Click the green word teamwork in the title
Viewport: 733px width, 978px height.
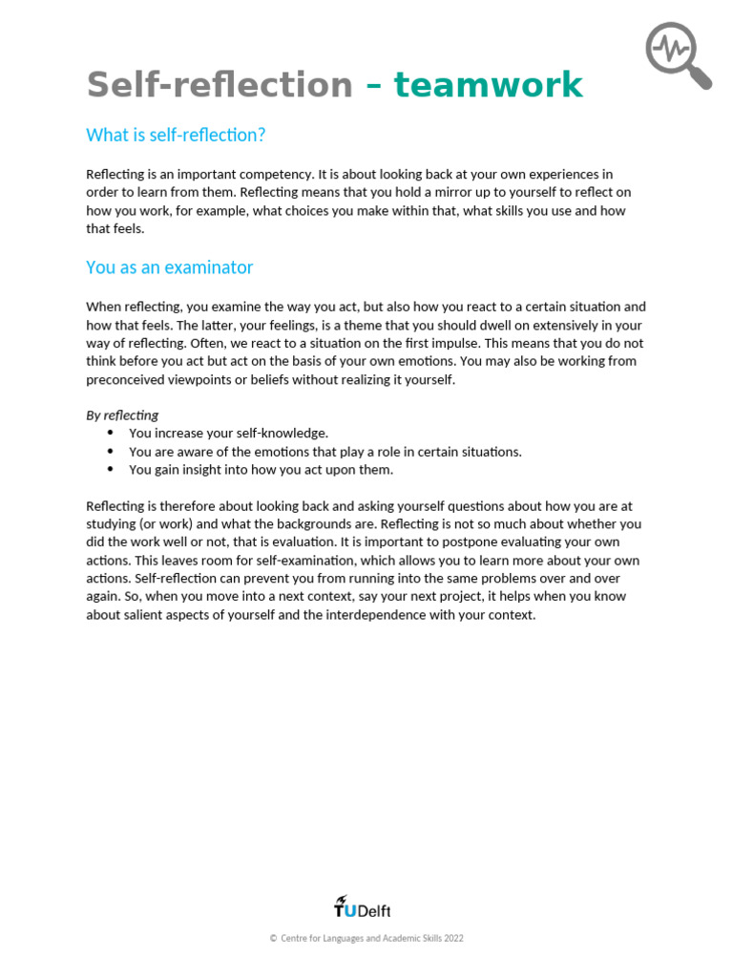488,85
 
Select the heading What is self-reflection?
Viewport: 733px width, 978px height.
176,136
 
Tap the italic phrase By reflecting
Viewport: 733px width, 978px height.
122,415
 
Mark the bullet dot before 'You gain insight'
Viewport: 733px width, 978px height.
110,470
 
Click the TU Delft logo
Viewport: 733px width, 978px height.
362,907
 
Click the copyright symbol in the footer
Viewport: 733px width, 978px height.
273,939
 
